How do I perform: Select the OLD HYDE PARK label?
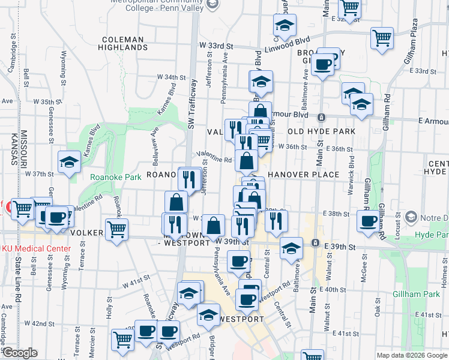(321, 131)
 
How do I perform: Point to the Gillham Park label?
(417, 294)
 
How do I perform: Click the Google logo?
(20, 353)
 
